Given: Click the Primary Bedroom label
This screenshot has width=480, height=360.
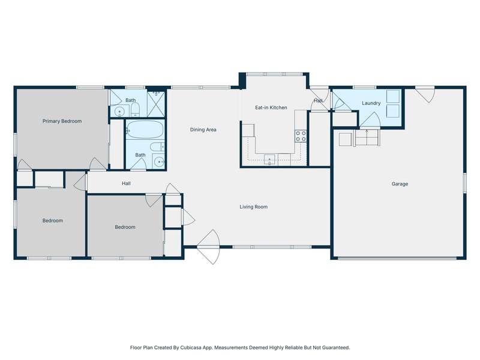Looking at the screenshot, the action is (x=62, y=121).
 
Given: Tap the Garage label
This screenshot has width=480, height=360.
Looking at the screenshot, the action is (x=400, y=184).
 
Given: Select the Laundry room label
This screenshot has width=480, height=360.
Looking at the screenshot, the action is (x=371, y=103).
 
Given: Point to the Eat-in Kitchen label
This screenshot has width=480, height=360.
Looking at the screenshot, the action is (x=271, y=107).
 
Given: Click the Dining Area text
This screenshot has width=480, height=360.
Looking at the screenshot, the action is (x=203, y=130).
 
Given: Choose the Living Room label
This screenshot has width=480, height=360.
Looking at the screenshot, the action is (x=253, y=207).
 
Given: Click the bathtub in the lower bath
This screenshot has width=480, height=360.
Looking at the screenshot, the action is (x=145, y=130).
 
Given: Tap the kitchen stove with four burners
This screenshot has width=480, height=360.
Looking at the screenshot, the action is (x=301, y=136).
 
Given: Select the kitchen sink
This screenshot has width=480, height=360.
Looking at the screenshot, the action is (x=269, y=160).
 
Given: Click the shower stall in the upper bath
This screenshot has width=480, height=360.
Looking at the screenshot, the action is (x=156, y=104).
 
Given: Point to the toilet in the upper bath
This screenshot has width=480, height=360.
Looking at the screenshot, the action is (x=136, y=109).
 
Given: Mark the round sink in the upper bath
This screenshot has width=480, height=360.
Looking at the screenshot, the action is (x=119, y=112).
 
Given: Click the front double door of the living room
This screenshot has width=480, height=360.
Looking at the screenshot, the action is (x=208, y=247).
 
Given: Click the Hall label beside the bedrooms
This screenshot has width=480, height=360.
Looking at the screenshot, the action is (x=126, y=184).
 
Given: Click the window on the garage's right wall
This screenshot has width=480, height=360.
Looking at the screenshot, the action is (x=464, y=183).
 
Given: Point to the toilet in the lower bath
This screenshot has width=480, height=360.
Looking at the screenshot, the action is (x=157, y=147).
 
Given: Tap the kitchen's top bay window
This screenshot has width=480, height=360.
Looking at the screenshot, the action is (x=275, y=74).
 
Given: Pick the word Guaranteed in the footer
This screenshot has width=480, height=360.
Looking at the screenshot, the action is (x=336, y=347).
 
